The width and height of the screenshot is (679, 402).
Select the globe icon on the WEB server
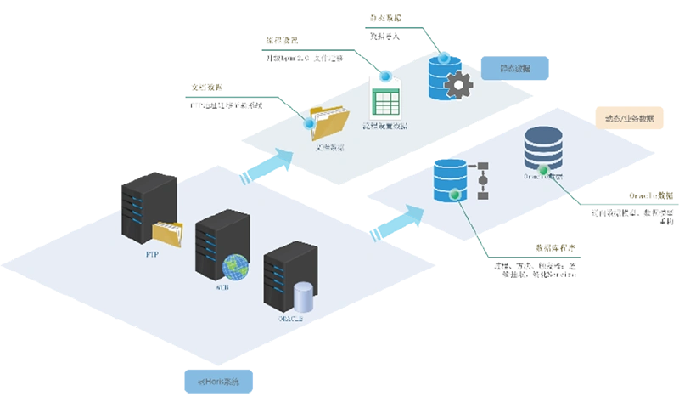click(x=235, y=266)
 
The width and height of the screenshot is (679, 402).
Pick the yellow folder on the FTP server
click(x=167, y=232)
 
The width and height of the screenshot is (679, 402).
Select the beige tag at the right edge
click(x=627, y=118)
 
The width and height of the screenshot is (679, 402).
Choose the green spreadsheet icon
click(x=386, y=105)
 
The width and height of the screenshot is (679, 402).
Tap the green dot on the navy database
click(x=543, y=180)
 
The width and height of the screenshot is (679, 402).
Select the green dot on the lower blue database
click(x=454, y=195)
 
